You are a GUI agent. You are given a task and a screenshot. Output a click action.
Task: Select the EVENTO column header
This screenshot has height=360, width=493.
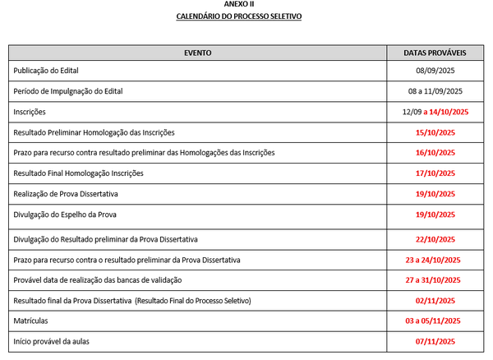point(198,52)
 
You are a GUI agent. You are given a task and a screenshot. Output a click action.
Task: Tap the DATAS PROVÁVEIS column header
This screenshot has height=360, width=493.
point(435,52)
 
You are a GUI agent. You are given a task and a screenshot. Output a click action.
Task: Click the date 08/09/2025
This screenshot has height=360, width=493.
point(435,71)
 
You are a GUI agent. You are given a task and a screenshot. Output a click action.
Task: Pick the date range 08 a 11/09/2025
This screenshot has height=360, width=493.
point(435,90)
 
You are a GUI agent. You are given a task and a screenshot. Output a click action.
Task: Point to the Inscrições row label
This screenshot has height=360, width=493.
point(30,112)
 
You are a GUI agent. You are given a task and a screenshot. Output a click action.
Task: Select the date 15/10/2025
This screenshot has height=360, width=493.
point(435,132)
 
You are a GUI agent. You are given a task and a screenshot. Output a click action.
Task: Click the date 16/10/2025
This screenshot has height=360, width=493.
point(435,153)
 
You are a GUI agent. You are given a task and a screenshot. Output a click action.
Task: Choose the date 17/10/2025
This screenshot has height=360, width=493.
point(435,174)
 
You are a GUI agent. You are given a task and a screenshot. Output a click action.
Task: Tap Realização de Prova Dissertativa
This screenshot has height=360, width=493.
point(66,195)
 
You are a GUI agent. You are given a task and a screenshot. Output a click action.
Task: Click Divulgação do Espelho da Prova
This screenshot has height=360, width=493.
point(65,215)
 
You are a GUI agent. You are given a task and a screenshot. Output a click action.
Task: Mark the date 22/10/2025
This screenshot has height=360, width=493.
point(435,239)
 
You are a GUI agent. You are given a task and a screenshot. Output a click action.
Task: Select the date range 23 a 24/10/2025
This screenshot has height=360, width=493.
point(435,261)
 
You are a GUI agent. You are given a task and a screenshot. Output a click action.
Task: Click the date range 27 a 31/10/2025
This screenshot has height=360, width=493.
point(435,280)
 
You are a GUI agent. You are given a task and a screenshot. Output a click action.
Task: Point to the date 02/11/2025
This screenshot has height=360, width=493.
point(435,301)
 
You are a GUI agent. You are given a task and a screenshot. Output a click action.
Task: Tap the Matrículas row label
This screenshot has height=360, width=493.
point(31,321)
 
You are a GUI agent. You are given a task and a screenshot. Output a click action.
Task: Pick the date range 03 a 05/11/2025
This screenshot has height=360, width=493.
point(435,321)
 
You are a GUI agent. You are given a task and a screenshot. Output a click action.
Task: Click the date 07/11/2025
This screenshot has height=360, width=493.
point(435,341)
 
